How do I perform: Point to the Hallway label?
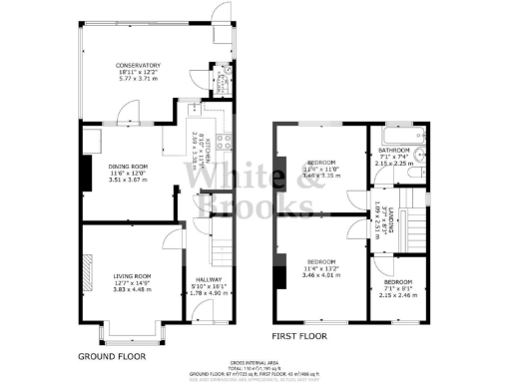tap(208, 281)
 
